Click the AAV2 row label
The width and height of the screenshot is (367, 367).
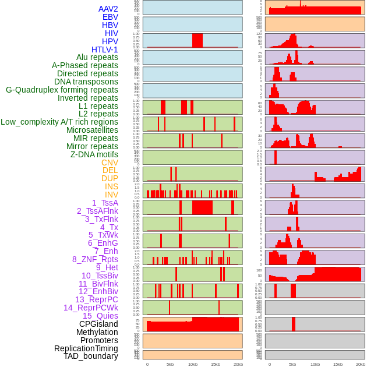pos(108,9)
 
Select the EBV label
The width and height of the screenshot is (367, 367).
pos(110,17)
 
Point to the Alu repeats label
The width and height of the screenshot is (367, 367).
pos(97,58)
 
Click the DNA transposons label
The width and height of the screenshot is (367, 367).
pos(86,82)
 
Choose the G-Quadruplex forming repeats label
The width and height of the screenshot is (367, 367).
pos(62,90)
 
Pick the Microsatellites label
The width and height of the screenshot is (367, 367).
pos(92,130)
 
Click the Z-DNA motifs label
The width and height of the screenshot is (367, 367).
pos(94,154)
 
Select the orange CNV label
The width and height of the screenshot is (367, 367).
pos(110,163)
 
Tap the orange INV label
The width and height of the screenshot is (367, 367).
pos(111,195)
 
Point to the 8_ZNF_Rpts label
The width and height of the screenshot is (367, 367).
pos(95,259)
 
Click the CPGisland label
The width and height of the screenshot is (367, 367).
pos(98,324)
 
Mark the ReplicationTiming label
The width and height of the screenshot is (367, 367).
pos(86,348)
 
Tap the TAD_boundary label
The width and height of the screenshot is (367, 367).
pos(91,356)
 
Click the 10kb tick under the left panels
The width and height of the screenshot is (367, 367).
pos(192,364)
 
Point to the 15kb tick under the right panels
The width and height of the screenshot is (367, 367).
pos(338,364)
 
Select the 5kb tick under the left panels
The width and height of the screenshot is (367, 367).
pos(170,364)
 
